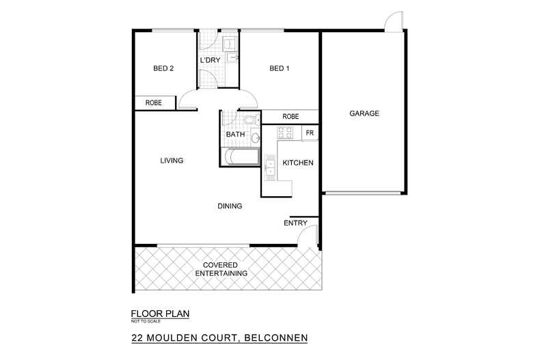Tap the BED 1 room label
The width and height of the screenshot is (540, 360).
tap(278, 68)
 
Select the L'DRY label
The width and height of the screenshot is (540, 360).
tap(210, 61)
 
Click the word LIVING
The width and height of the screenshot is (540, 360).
tap(172, 161)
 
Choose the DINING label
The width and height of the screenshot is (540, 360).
tap(230, 206)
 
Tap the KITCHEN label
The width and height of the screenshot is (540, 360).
tap(298, 163)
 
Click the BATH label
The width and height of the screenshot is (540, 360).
tap(235, 135)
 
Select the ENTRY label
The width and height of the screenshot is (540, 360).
tap(295, 223)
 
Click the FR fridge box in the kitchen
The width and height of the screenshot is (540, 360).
tap(310, 133)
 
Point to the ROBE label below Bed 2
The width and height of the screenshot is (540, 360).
tap(153, 103)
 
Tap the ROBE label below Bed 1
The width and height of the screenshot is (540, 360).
tap(291, 116)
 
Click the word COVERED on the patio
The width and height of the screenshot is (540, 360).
tap(221, 264)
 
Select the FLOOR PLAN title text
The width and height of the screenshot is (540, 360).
tap(159, 314)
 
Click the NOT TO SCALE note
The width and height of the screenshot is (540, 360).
tap(145, 322)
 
